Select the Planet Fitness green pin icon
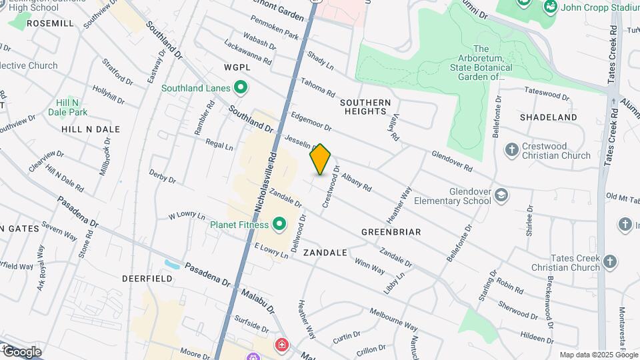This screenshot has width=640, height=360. [278, 225]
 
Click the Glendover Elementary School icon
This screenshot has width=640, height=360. [501, 195]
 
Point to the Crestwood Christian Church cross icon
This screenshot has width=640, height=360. [511, 149]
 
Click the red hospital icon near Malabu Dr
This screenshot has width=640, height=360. [282, 345]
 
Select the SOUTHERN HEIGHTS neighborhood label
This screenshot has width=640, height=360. [365, 107]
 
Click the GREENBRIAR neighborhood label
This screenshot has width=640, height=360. [391, 232]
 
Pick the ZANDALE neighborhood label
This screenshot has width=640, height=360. [325, 253]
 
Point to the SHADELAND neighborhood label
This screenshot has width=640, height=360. [549, 117]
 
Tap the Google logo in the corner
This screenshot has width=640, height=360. [22, 351]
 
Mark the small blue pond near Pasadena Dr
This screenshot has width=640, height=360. [171, 264]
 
